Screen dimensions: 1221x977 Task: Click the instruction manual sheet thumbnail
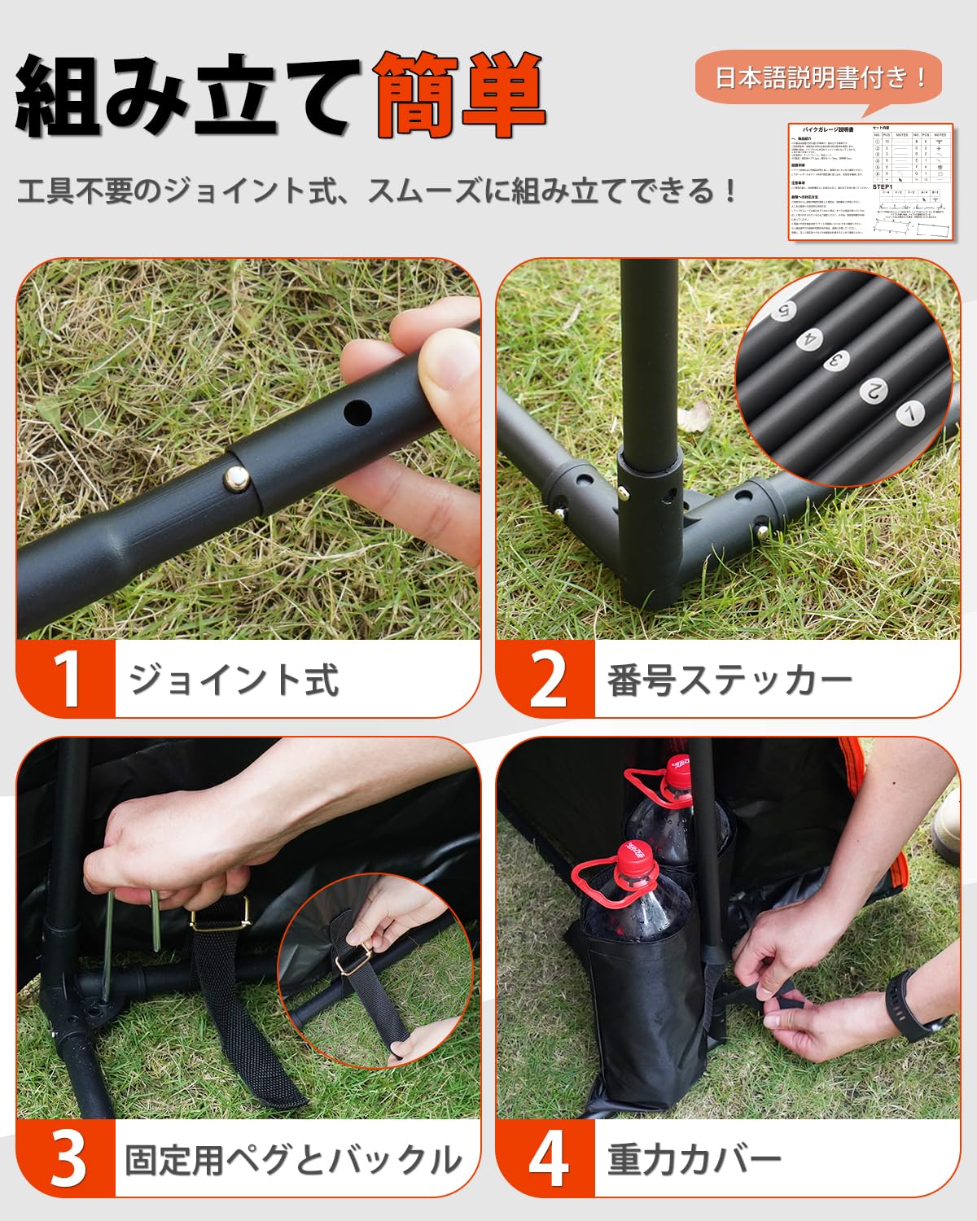pos(870,182)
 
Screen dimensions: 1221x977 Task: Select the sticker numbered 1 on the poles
pos(909,414)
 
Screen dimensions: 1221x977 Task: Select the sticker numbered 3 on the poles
pos(835,361)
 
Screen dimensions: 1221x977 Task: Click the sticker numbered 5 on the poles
pos(785,310)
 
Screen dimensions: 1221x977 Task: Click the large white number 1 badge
pos(67,680)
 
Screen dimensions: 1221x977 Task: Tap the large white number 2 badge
pos(546,680)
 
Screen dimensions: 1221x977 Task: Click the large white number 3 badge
pos(67,1159)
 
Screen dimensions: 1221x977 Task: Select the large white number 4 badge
pos(546,1159)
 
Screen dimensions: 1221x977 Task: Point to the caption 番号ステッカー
pos(729,680)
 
